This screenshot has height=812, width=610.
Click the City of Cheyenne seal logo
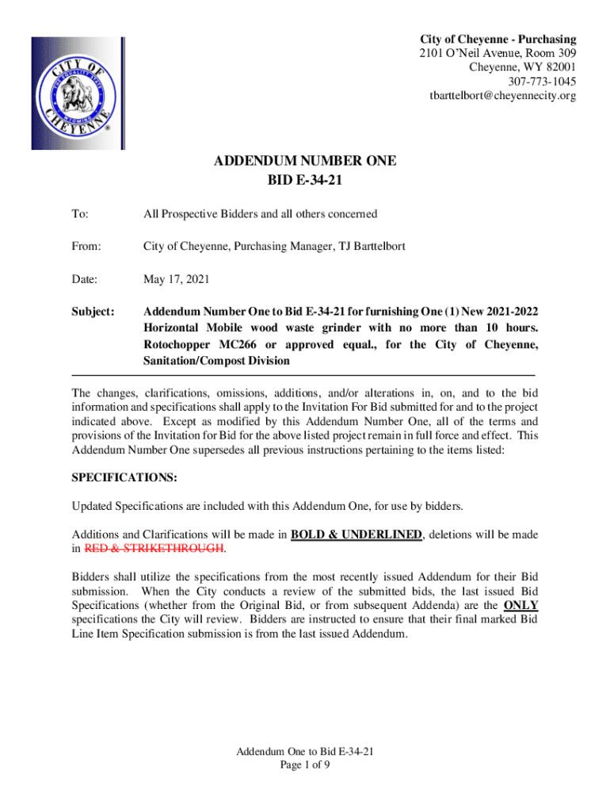coord(78,94)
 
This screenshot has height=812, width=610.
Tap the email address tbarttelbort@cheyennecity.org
coord(502,96)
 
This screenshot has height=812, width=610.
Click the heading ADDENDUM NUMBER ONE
coord(305,162)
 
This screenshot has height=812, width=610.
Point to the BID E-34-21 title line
coord(305,181)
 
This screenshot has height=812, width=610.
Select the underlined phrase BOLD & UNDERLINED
coord(356,534)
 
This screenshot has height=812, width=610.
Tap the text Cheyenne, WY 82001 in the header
coord(523,67)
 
